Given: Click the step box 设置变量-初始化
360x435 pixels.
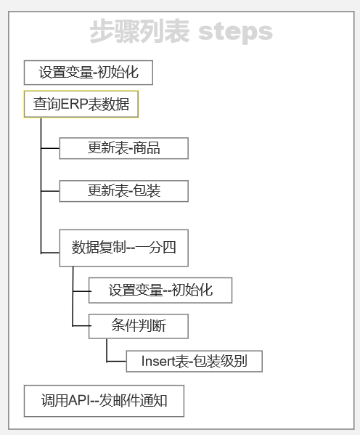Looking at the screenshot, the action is [89, 73].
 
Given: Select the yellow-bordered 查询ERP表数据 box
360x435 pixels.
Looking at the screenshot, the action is [81, 105].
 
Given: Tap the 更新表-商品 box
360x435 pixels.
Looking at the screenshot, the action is [124, 148].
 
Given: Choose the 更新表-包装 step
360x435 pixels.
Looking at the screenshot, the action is [124, 191].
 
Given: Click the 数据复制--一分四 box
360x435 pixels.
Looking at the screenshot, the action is [124, 248].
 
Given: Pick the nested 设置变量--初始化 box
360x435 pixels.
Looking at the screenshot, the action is [160, 290].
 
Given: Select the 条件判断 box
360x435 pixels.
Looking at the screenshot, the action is [139, 326].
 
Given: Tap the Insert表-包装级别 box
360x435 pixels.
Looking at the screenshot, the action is [194, 361].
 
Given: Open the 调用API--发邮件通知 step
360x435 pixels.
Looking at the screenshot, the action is [104, 401].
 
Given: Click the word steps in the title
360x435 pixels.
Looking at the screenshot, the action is [235, 31].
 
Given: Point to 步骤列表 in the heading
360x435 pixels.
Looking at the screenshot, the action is [139, 31].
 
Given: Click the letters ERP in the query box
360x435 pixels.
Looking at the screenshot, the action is [74, 105].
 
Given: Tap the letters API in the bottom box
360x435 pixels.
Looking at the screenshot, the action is [80, 401].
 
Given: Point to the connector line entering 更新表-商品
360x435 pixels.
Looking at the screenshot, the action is [50, 148].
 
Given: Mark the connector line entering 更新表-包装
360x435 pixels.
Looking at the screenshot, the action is [50, 191].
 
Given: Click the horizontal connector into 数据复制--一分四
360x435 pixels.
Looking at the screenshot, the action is [50, 253].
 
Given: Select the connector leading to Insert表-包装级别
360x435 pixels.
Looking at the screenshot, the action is [107, 361].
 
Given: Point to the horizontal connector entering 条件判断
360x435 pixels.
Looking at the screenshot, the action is [82, 325].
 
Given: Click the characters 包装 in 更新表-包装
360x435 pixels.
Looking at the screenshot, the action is [147, 191].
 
